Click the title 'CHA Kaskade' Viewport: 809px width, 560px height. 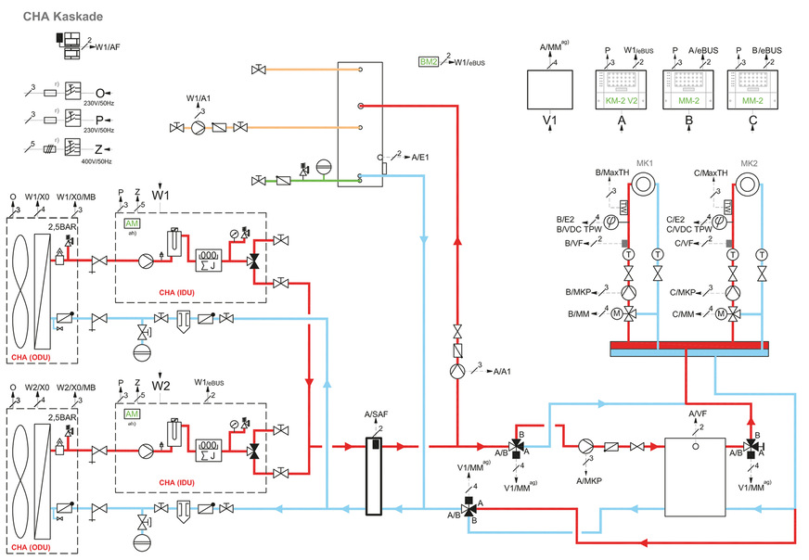click(x=63, y=17)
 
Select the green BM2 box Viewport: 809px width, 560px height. click(x=428, y=61)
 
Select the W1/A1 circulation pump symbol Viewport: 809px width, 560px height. click(x=198, y=127)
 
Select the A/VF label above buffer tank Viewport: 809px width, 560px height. click(x=698, y=414)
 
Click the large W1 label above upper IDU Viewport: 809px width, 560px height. click(x=161, y=197)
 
